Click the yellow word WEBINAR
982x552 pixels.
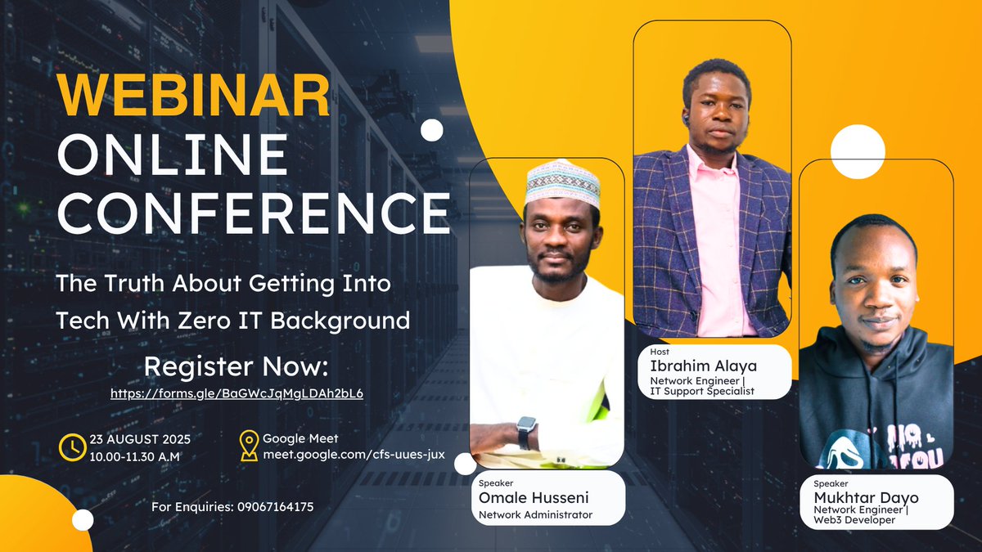click(x=193, y=96)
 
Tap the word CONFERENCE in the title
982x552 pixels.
click(x=254, y=213)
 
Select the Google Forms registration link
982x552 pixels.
click(x=236, y=393)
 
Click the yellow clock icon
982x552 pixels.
click(x=72, y=447)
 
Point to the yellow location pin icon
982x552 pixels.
click(x=249, y=446)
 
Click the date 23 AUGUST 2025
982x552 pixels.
click(x=140, y=439)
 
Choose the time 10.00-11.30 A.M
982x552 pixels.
click(x=134, y=457)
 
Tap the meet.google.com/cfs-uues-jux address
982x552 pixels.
click(x=354, y=455)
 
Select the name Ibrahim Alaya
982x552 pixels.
click(x=703, y=366)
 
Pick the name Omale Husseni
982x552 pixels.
click(x=534, y=498)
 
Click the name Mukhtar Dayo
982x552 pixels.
click(x=866, y=498)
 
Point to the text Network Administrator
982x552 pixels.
click(x=535, y=514)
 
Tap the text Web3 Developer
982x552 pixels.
click(x=854, y=520)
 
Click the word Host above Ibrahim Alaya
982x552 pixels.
click(x=660, y=352)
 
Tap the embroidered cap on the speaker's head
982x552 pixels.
click(x=563, y=182)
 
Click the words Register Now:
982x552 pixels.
click(x=236, y=366)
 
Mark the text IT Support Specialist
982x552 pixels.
click(x=702, y=391)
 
